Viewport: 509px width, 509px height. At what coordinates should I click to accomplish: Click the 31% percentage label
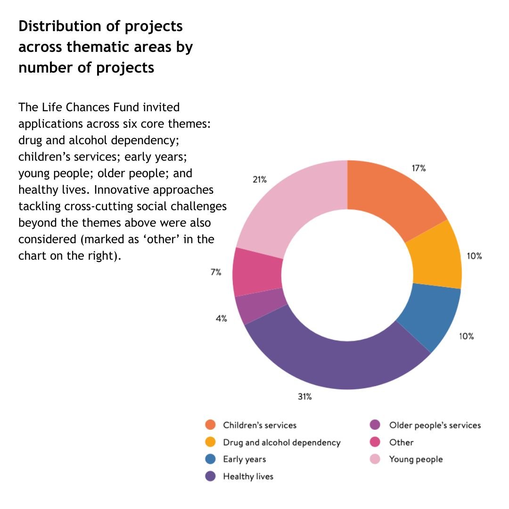[x=304, y=396]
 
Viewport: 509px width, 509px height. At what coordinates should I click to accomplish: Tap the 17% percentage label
[x=419, y=168]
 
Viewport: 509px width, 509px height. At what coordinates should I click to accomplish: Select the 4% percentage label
[x=221, y=319]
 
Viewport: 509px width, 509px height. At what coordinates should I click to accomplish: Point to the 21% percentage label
[x=260, y=179]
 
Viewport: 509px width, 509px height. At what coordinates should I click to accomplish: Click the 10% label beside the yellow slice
[x=474, y=256]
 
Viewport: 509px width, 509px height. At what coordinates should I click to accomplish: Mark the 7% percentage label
[x=216, y=272]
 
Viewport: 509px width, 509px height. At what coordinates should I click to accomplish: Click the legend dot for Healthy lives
[x=211, y=476]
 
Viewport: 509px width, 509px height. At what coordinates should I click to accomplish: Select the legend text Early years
[x=244, y=459]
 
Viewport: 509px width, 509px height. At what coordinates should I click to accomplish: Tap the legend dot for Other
[x=376, y=442]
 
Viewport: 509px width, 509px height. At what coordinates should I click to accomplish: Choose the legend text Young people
[x=416, y=459]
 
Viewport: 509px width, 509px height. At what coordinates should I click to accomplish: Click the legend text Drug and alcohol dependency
[x=281, y=443]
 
